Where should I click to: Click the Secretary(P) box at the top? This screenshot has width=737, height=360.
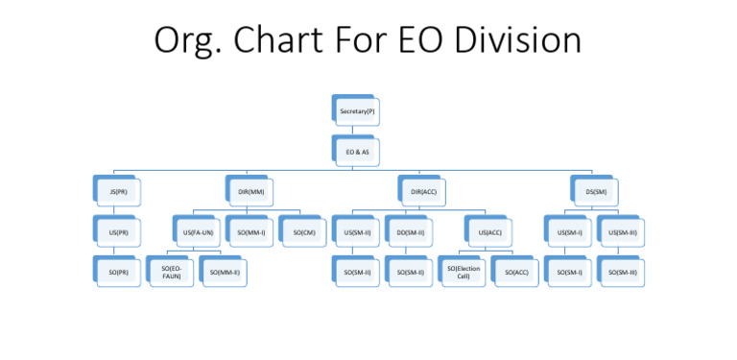pos(357,112)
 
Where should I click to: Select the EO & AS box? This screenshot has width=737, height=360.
pos(357,152)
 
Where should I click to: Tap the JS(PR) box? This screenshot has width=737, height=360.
pos(118,192)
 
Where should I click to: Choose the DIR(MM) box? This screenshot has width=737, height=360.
pos(250,192)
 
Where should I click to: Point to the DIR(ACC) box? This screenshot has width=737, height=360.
pos(423,192)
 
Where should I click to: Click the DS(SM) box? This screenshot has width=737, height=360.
pos(595,192)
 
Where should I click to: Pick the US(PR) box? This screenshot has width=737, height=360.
pos(118,232)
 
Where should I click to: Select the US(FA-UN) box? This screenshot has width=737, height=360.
pos(198,232)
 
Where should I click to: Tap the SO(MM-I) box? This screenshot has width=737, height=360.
pos(251,232)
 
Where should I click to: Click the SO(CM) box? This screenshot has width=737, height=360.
pos(304,232)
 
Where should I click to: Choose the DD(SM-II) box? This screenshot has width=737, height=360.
pos(411,232)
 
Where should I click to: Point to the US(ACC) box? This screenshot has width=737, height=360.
pos(490,232)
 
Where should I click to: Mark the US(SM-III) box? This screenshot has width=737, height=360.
pos(622,232)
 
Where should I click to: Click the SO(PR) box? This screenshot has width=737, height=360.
pos(118,273)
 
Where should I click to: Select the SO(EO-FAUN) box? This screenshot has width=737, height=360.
pos(172,274)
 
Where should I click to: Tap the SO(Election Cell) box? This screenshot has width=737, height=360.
pos(464,273)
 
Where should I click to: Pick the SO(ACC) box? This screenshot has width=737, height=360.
pos(516,273)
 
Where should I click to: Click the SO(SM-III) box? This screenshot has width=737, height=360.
pos(622,273)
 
